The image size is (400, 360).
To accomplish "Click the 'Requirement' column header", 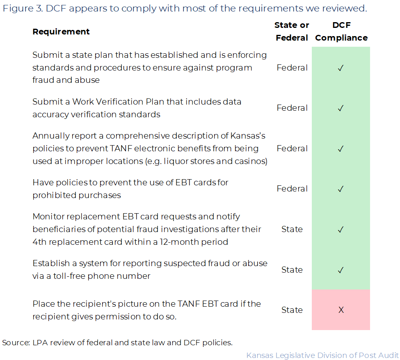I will (61, 32).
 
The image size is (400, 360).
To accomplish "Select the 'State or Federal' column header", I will (292, 32).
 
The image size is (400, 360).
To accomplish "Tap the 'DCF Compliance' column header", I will (341, 32).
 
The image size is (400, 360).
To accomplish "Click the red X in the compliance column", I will (341, 310).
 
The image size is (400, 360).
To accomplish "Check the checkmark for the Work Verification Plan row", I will (341, 108).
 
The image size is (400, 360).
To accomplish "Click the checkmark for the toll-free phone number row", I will (341, 270).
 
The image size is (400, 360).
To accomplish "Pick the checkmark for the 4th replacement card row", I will (341, 230).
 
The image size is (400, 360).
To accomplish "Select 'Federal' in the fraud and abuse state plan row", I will (292, 68).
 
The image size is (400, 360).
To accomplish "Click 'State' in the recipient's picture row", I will (292, 310).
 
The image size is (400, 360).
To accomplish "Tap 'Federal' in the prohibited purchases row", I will (292, 189).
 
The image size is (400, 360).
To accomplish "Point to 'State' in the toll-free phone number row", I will (292, 270).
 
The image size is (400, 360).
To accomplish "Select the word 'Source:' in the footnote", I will (16, 342).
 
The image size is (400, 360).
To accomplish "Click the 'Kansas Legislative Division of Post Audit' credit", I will (322, 355).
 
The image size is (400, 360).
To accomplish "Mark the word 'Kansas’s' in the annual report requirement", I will (249, 136).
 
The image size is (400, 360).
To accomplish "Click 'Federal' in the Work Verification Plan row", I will (292, 108).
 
